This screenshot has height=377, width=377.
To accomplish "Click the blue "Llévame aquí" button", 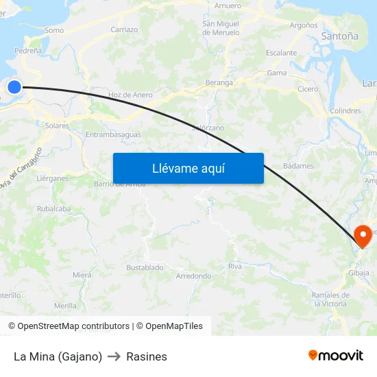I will tap(188, 168).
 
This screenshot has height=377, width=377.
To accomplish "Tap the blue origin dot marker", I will tap(14, 86).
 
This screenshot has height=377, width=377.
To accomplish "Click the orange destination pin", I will tap(362, 236).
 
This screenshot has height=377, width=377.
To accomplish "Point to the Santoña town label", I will tap(339, 36).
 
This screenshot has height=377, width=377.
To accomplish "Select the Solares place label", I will tap(57, 126).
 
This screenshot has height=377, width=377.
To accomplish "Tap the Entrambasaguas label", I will tap(113, 134).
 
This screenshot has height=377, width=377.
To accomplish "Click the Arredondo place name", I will tap(193, 276).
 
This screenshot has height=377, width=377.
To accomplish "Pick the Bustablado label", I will tap(145, 267).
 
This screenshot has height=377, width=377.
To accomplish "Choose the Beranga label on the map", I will tap(219, 83).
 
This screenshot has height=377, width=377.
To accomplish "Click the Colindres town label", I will tap(345, 110).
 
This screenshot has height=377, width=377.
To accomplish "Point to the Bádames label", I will tap(298, 166).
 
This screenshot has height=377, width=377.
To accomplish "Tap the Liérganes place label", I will tap(52, 178).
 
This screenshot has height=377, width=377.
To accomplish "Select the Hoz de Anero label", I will tap(130, 95).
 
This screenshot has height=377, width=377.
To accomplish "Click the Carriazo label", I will tap(124, 29).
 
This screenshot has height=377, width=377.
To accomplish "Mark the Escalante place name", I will tap(281, 53).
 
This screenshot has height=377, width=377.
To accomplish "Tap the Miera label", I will tap(82, 275).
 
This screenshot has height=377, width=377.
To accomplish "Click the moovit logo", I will tap(335, 355).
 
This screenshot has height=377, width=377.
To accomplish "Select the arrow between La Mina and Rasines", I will tap(114, 356).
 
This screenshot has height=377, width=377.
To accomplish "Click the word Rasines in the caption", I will tap(147, 356).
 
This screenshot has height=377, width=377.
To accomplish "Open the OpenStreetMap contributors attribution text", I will tap(73, 326).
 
